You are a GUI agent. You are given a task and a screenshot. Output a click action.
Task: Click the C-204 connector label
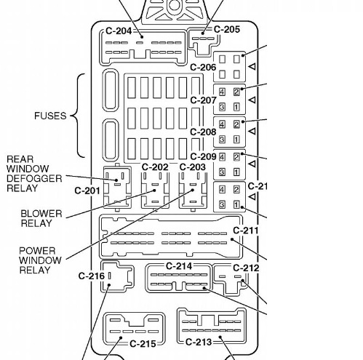click(x=119, y=31)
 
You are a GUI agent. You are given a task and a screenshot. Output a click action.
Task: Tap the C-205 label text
click(x=227, y=29)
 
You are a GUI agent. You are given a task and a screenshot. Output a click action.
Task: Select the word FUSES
click(x=50, y=116)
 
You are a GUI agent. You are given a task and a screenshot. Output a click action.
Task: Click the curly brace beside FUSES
click(x=79, y=116)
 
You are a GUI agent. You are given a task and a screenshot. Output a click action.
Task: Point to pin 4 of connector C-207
click(x=222, y=92)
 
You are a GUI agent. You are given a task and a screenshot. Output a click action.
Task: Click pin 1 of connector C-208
click(x=236, y=139)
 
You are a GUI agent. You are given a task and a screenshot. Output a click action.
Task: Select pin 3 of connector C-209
click(x=222, y=172)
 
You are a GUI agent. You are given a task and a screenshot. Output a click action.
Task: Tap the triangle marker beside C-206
click(x=252, y=66)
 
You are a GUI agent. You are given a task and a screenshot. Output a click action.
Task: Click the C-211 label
click(x=246, y=231)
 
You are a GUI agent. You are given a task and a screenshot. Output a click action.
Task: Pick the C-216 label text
click(x=92, y=276)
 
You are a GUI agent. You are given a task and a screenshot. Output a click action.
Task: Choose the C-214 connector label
click(x=179, y=266)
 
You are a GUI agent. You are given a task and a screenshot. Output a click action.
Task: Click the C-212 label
click(x=246, y=268)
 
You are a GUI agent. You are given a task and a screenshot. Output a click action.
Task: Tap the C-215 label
click(x=143, y=343)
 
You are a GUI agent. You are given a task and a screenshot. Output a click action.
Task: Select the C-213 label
click(x=199, y=342)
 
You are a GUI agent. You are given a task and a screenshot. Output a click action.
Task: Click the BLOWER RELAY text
click(x=41, y=218)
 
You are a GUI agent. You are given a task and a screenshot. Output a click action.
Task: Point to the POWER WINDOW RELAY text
click(x=40, y=260)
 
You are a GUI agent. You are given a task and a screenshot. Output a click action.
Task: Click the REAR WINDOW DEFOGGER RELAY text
click(x=34, y=174)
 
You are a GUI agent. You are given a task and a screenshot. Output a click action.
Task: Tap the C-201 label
click(x=87, y=191)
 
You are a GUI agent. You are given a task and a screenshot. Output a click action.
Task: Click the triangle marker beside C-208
click(x=252, y=131)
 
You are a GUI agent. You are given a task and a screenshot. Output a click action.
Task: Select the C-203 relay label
click(x=193, y=167)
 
